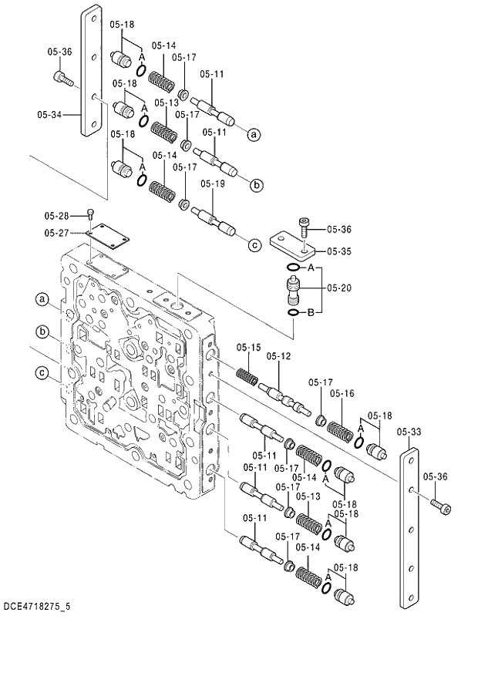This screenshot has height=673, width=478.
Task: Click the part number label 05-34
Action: [x=49, y=115]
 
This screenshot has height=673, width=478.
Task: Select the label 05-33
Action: [x=409, y=432]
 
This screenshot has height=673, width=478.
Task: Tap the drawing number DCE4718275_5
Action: [x=36, y=607]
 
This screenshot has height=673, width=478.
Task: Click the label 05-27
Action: [x=56, y=232]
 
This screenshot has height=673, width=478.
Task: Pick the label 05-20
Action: [x=338, y=288]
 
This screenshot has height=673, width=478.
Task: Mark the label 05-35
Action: [x=338, y=251]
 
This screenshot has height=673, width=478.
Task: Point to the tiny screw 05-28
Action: [x=91, y=214]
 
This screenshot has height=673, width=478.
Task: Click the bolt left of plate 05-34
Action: [x=62, y=77]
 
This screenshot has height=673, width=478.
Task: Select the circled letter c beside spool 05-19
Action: [x=254, y=245]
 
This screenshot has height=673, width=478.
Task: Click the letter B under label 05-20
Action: [x=311, y=313]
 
